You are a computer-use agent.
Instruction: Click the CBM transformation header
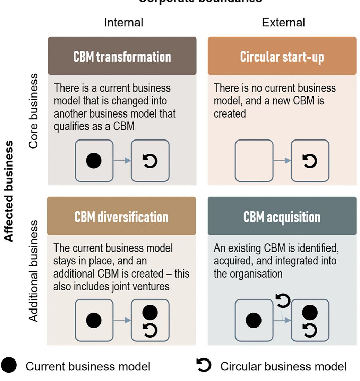point(122,57)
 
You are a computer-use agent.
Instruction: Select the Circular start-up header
point(282,57)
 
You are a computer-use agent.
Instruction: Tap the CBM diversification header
point(121,217)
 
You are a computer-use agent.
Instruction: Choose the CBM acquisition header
point(282,217)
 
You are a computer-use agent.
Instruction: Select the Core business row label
point(34,111)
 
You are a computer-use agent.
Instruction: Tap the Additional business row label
point(34,271)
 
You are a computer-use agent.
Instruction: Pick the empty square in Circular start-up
point(254,161)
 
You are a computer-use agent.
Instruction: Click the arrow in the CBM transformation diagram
point(122,161)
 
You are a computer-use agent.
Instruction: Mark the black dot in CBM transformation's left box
point(94,161)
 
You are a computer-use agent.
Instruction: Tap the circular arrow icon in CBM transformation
point(150,161)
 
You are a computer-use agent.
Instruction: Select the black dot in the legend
point(9,366)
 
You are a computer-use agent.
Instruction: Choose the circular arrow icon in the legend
point(204,365)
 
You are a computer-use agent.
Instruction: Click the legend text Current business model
point(88,366)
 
